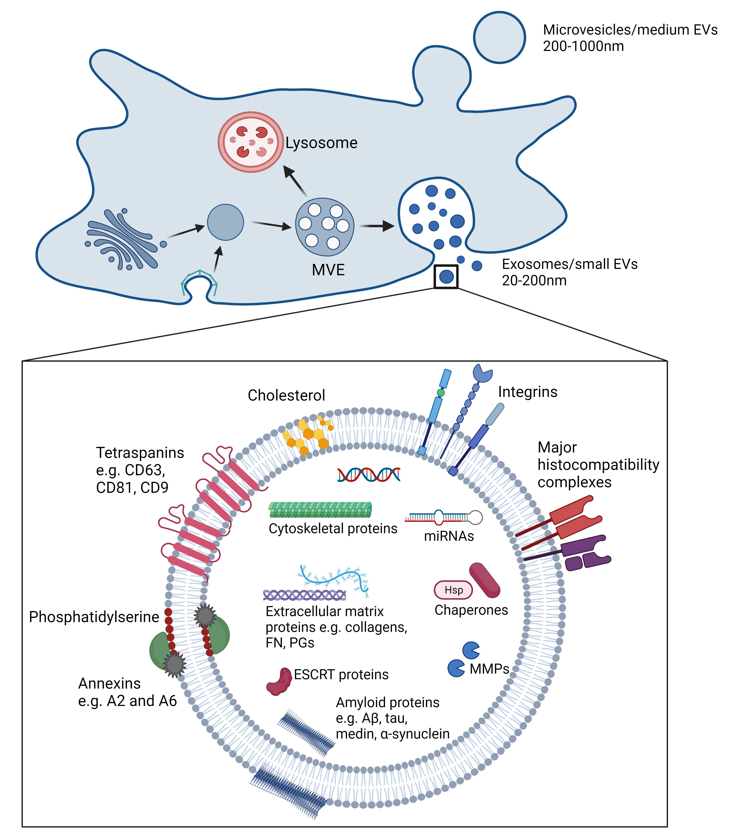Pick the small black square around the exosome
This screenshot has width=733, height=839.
tap(446, 277)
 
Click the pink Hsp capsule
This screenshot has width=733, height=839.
tap(453, 590)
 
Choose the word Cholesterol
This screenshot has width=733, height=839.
tap(286, 395)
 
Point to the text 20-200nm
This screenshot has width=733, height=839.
tap(534, 281)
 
